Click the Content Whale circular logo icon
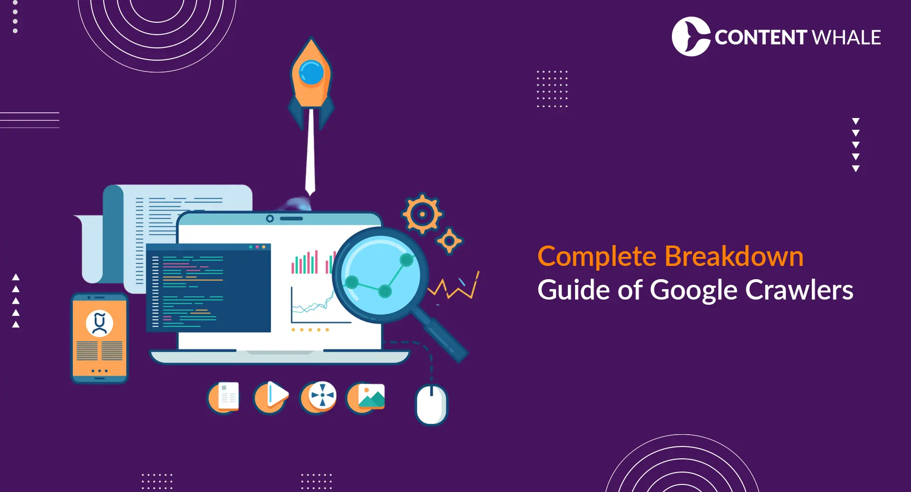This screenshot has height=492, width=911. point(690,36)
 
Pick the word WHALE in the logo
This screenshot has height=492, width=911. point(846,37)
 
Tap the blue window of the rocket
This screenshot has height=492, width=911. point(311,73)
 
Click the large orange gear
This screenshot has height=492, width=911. point(422,214)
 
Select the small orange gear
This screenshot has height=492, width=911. point(449,241)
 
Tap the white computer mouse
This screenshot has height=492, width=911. point(431,404)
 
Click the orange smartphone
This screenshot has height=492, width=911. point(100,338)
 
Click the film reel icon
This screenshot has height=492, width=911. point(320,396)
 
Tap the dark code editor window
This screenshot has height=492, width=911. point(209,288)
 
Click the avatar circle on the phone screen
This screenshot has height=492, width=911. point(100,323)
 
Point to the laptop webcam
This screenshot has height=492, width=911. point(270,219)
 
